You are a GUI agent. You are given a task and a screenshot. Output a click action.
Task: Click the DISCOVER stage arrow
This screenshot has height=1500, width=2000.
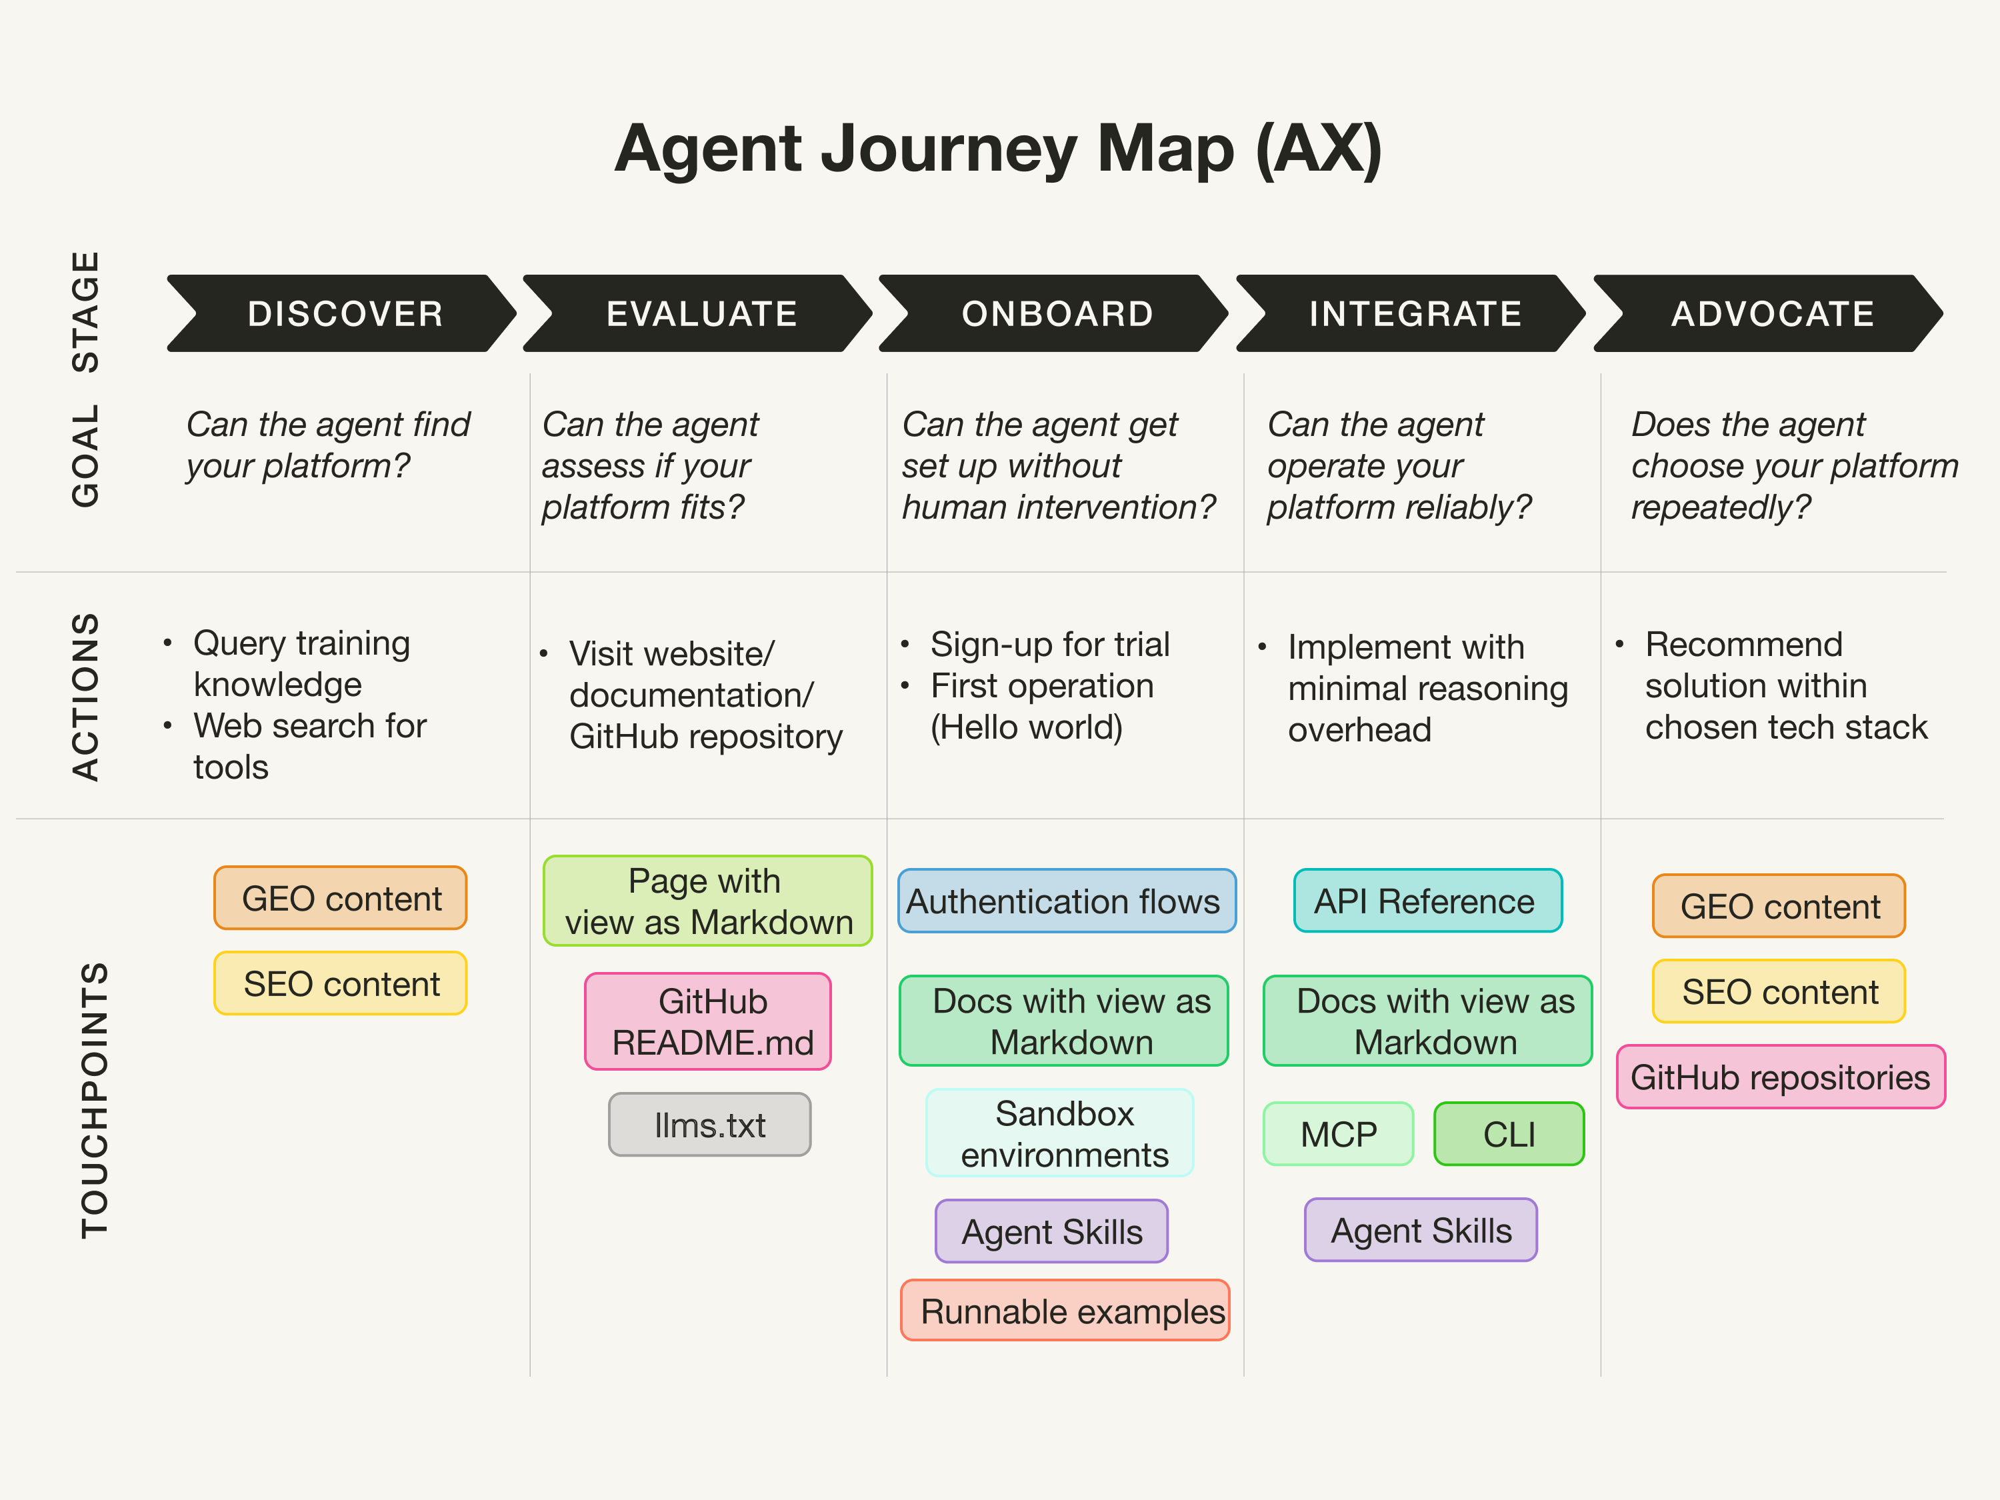click(343, 314)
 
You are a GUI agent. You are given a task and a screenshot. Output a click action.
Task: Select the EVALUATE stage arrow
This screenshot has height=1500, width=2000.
click(701, 314)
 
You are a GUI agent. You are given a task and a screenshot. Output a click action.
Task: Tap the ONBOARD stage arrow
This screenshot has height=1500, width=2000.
click(1056, 314)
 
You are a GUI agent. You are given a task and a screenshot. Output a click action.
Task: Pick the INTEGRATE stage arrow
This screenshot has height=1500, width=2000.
click(1413, 314)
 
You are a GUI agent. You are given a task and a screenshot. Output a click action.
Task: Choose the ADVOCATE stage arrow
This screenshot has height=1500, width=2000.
click(1771, 314)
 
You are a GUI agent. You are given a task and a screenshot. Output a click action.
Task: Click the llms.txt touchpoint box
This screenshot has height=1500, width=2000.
click(710, 1125)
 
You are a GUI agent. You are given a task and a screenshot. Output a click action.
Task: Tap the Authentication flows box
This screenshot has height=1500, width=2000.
click(1066, 901)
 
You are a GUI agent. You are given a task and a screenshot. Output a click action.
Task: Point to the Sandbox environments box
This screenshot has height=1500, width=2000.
click(1061, 1133)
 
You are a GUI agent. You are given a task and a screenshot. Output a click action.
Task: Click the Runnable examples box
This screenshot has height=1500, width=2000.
click(1065, 1310)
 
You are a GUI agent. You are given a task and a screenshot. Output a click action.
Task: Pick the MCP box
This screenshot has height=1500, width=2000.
click(1338, 1134)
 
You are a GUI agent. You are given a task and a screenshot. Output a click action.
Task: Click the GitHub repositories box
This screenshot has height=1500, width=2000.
click(1780, 1077)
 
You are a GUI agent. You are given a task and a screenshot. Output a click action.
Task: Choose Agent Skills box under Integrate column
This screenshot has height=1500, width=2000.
click(1421, 1229)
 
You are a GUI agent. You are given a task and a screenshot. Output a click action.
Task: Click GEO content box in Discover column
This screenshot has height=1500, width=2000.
click(341, 898)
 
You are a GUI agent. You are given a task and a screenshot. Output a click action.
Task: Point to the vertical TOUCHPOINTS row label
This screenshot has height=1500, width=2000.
click(94, 1099)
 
